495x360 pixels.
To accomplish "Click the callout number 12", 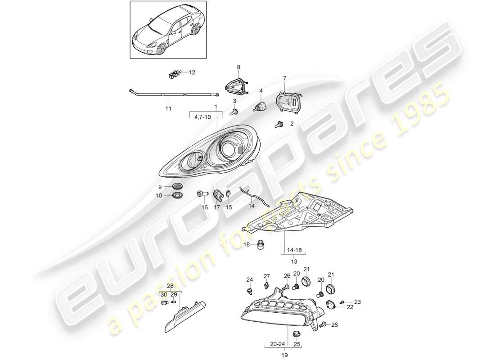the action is tap(192, 72).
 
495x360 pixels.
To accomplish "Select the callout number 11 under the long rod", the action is tap(168, 108).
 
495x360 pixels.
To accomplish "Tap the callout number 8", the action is tap(238, 67).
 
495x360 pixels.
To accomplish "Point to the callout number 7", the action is tap(284, 79).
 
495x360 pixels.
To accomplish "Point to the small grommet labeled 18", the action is tap(259, 245).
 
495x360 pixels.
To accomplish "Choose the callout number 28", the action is tap(170, 286).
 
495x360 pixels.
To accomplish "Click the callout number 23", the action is tap(358, 301).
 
